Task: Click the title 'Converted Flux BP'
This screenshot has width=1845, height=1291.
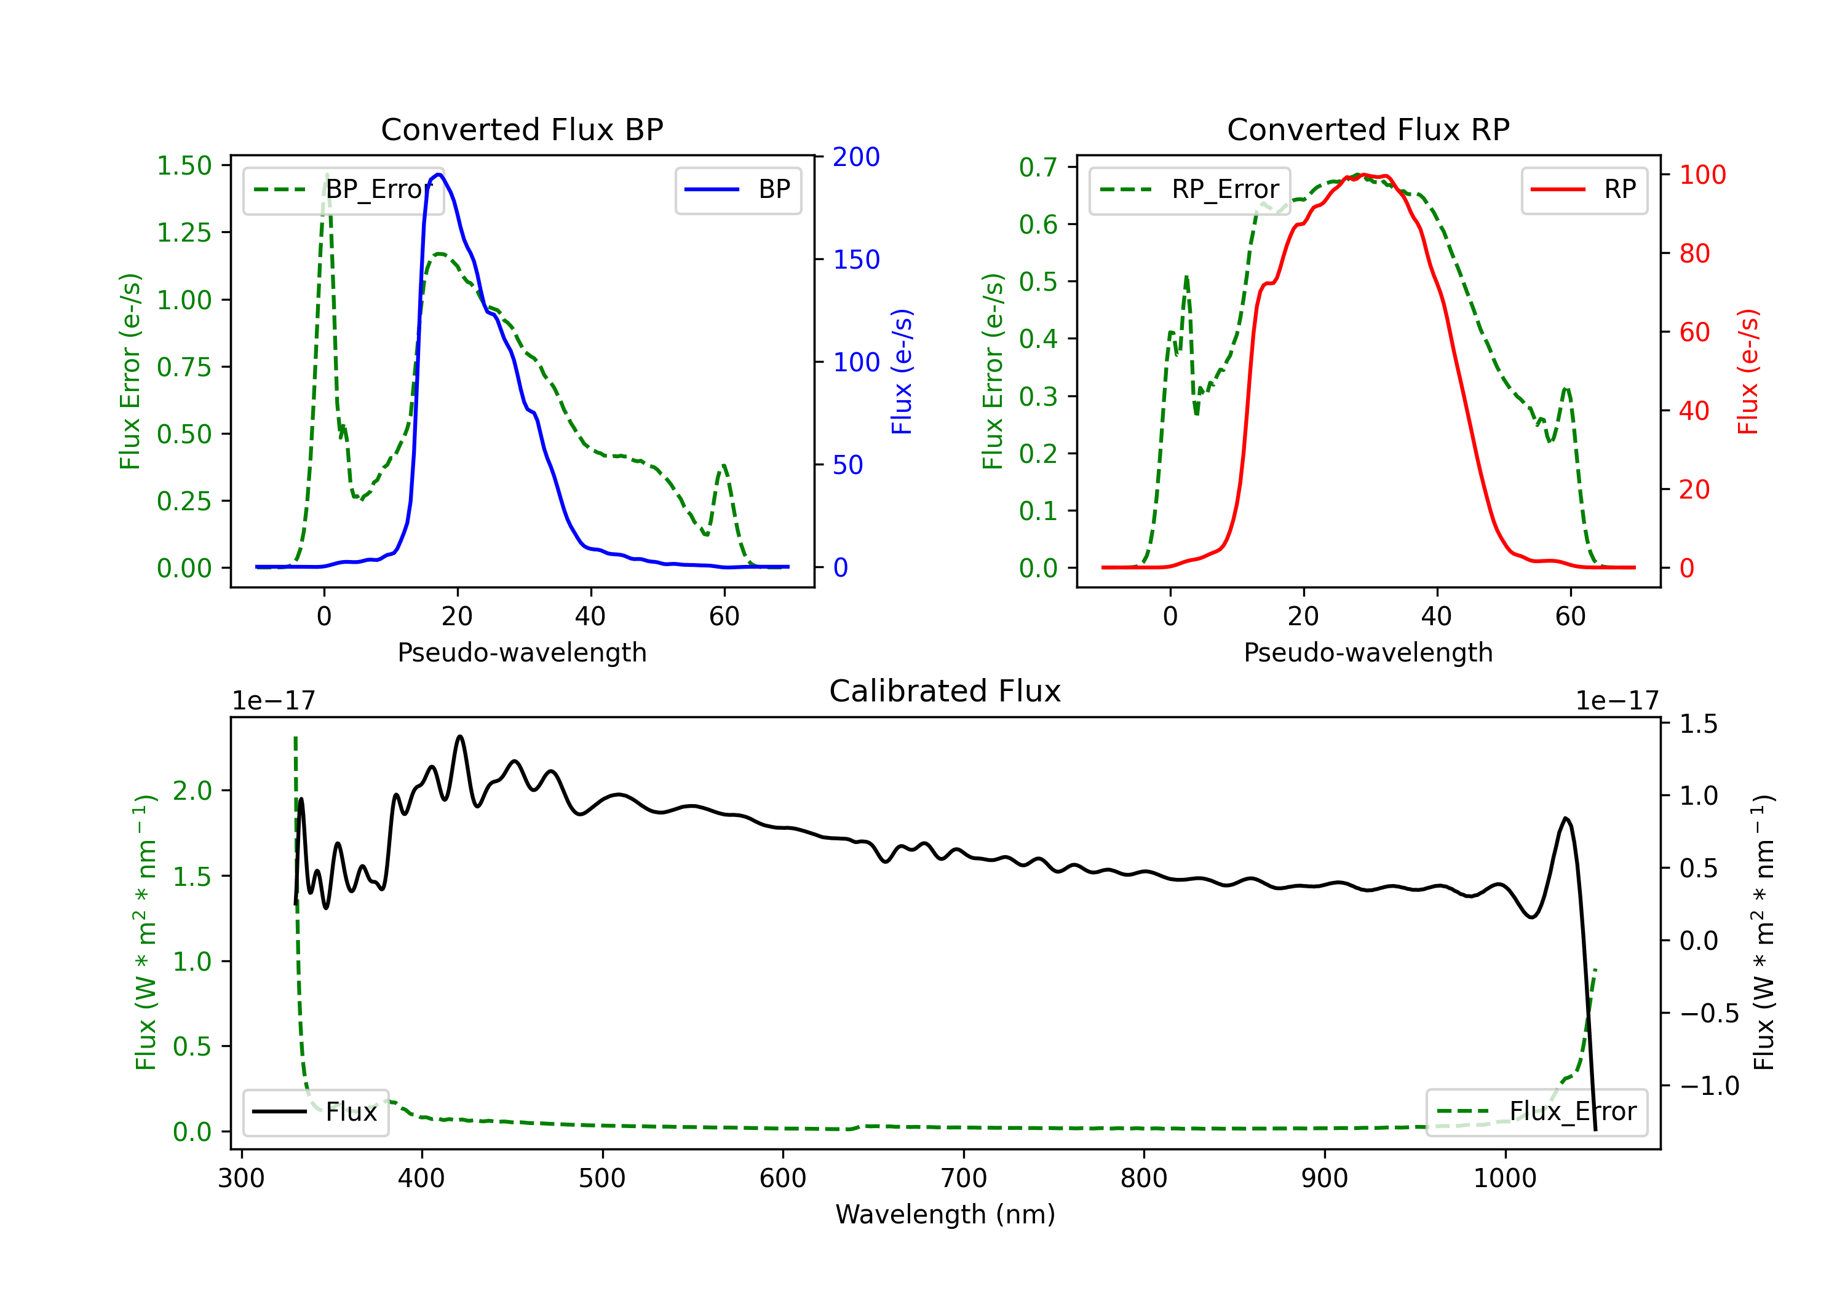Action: point(522,129)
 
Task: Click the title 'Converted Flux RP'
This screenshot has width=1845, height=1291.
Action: point(1368,129)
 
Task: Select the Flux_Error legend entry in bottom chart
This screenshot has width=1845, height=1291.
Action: point(1536,1112)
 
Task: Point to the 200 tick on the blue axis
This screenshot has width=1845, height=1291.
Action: point(856,157)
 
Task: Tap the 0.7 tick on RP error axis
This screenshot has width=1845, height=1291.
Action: point(1038,167)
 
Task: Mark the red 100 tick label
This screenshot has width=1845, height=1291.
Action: point(1703,175)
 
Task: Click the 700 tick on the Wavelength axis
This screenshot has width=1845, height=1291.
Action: point(964,1178)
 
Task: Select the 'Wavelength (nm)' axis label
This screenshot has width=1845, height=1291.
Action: point(945,1214)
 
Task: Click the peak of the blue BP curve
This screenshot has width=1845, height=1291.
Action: point(438,175)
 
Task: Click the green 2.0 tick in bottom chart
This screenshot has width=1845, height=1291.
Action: point(192,791)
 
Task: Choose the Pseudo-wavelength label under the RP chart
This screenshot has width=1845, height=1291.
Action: point(1368,652)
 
